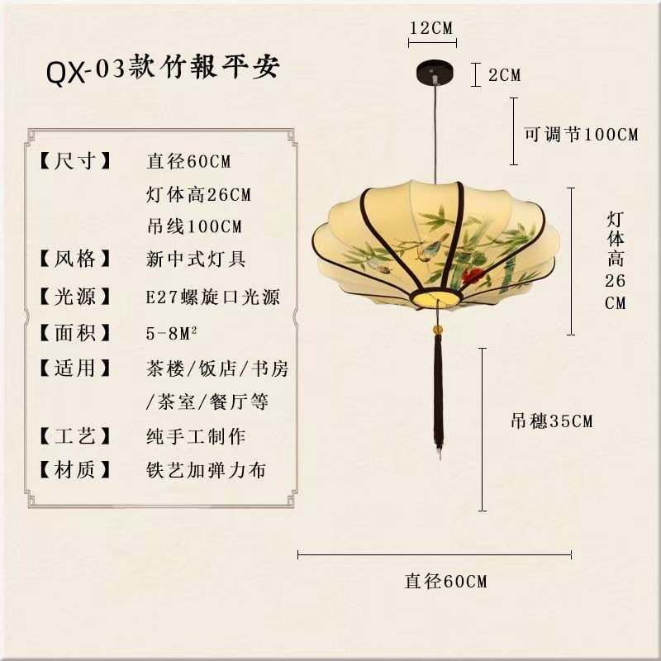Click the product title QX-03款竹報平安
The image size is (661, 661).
pyautogui.click(x=164, y=70)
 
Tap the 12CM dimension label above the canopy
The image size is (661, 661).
pyautogui.click(x=432, y=27)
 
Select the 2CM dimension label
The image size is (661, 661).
pyautogui.click(x=504, y=75)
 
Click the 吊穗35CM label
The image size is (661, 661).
pyautogui.click(x=551, y=421)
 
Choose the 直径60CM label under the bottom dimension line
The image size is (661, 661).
pyautogui.click(x=445, y=581)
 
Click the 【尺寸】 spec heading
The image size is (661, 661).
pyautogui.click(x=75, y=161)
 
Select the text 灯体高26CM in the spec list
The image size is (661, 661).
pyautogui.click(x=198, y=196)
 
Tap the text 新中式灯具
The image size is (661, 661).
pyautogui.click(x=196, y=259)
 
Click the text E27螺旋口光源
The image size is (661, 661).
pyautogui.click(x=212, y=297)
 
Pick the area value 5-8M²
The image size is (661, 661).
pyautogui.click(x=174, y=333)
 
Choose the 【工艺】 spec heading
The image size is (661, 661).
pyautogui.click(x=75, y=435)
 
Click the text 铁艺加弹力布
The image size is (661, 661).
pyautogui.click(x=206, y=470)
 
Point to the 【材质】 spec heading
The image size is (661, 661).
pyautogui.click(x=75, y=470)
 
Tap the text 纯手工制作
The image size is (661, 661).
pyautogui.click(x=196, y=435)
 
